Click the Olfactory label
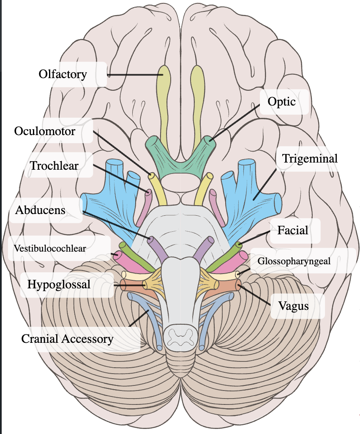pyautogui.click(x=63, y=75)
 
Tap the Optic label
pyautogui.click(x=281, y=102)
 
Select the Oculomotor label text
pyautogui.click(x=45, y=131)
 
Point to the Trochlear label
pyautogui.click(x=54, y=165)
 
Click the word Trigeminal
pyautogui.click(x=310, y=159)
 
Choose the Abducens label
pyautogui.click(x=41, y=210)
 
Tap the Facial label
pyautogui.click(x=293, y=231)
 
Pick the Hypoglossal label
pyautogui.click(x=59, y=284)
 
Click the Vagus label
pyautogui.click(x=293, y=306)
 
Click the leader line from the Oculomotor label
pyautogui.click(x=123, y=153)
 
